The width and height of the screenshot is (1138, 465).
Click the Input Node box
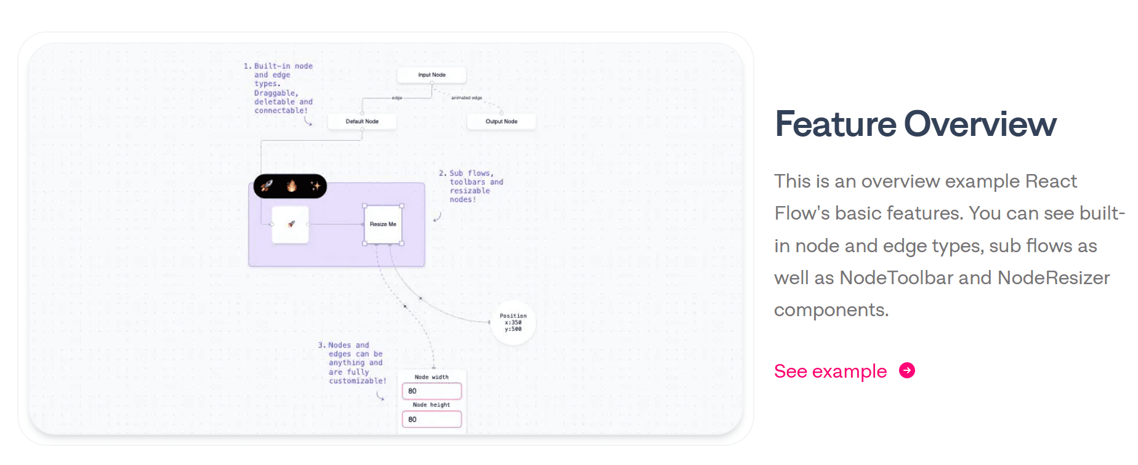432,75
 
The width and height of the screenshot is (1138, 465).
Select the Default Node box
362,122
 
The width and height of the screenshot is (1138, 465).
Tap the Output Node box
501,122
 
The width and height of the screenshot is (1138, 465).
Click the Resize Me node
383,225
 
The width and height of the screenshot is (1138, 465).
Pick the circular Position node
513,322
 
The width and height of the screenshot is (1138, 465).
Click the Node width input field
432,391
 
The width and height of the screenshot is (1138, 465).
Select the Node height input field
432,419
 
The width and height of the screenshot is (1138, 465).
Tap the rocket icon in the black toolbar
267,186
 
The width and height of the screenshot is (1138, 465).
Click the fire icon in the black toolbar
291,186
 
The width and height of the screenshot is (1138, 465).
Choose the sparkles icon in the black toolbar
315,186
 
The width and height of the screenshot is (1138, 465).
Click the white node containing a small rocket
291,225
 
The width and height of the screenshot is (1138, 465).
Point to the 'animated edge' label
467,98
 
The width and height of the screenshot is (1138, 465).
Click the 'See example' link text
830,372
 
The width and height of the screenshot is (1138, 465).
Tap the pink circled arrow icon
907,370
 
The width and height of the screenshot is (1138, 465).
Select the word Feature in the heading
836,124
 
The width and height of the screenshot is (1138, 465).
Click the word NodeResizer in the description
1054,278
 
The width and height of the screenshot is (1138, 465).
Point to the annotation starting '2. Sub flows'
471,186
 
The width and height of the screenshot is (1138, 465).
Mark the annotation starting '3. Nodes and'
353,363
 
